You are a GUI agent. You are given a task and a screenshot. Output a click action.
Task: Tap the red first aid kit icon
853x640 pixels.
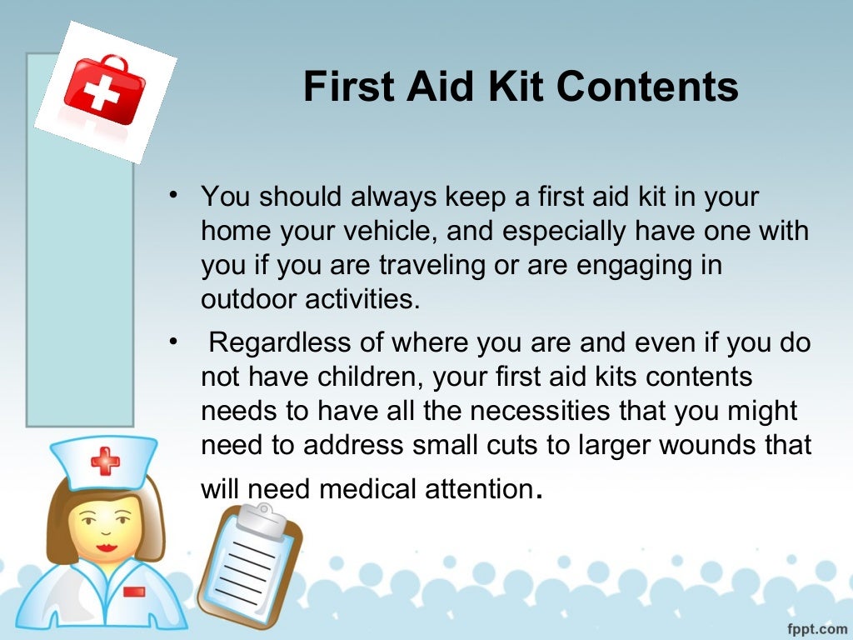(103, 90)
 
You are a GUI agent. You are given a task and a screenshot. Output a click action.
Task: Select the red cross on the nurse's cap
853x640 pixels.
(105, 460)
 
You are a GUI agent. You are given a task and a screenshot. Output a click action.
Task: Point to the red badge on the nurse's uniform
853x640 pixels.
(133, 591)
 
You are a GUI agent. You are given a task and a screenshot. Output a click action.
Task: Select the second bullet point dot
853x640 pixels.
(172, 342)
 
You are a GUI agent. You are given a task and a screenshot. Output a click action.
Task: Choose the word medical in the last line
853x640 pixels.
(372, 488)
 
